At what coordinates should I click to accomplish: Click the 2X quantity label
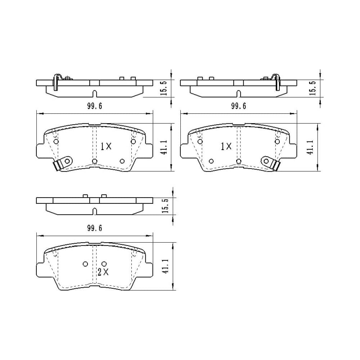[103, 272]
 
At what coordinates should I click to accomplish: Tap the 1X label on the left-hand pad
[106, 146]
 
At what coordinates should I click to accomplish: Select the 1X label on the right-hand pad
[226, 146]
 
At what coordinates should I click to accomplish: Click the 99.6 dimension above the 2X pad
[94, 228]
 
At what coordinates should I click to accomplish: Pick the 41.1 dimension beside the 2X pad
[166, 266]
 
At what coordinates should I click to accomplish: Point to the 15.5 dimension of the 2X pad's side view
[165, 206]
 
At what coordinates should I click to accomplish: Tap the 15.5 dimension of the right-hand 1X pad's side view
[313, 88]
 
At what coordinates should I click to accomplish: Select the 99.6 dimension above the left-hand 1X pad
[94, 106]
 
